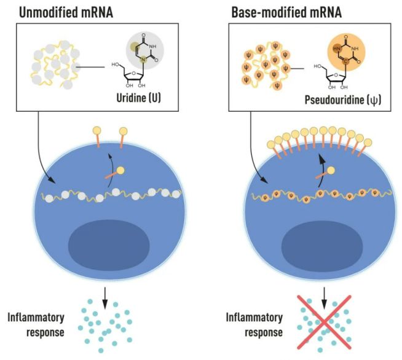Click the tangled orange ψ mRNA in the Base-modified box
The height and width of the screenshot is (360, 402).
(262, 66)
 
